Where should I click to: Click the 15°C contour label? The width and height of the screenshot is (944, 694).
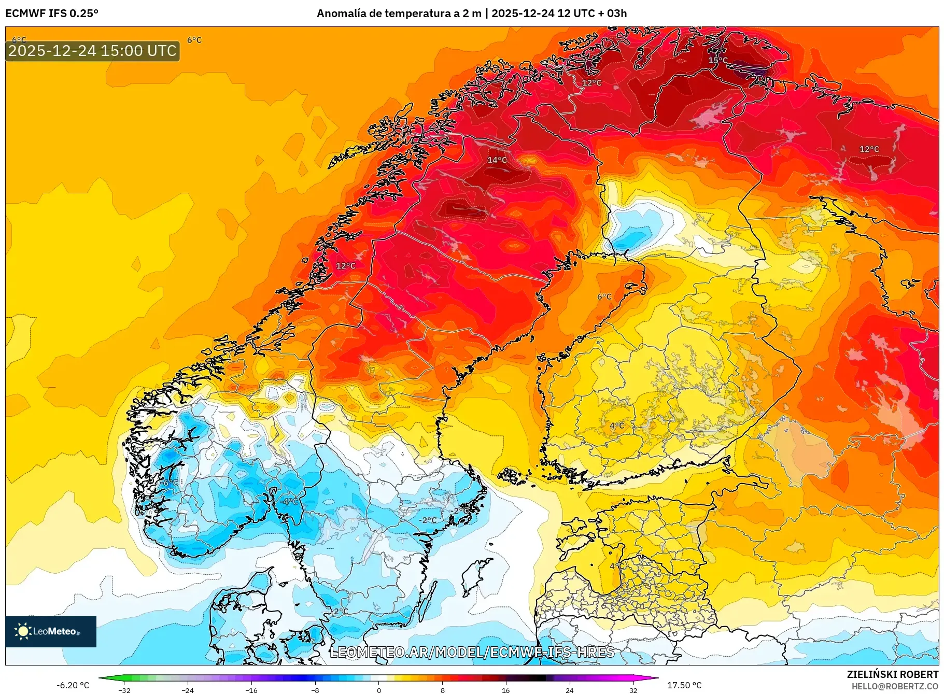717,61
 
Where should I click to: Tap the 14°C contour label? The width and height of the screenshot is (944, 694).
497,160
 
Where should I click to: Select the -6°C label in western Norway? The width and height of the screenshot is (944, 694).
169,483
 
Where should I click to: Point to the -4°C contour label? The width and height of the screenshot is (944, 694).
290,501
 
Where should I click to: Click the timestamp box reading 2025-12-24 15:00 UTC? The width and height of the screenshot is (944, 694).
92,51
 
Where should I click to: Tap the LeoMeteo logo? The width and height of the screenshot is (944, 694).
51,631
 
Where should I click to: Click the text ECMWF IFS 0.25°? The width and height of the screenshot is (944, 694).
52,13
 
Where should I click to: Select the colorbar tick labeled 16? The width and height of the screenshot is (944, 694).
505,690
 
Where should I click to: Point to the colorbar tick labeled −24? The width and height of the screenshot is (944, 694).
188,690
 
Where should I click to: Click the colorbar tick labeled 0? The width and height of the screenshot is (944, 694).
379,690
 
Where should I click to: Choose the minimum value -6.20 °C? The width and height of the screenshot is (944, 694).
73,685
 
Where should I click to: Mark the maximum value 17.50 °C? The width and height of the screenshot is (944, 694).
684,685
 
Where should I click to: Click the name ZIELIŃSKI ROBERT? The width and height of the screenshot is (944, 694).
892,674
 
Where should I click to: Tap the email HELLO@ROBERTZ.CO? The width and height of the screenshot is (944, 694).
895,686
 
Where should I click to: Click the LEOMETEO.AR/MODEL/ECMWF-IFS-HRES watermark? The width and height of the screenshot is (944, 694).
472,652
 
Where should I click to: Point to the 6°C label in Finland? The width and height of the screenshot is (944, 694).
604,297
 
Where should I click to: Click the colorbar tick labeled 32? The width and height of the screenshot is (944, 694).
633,690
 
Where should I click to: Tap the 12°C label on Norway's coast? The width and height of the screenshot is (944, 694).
346,266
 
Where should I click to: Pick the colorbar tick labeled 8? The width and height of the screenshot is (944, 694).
442,690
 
